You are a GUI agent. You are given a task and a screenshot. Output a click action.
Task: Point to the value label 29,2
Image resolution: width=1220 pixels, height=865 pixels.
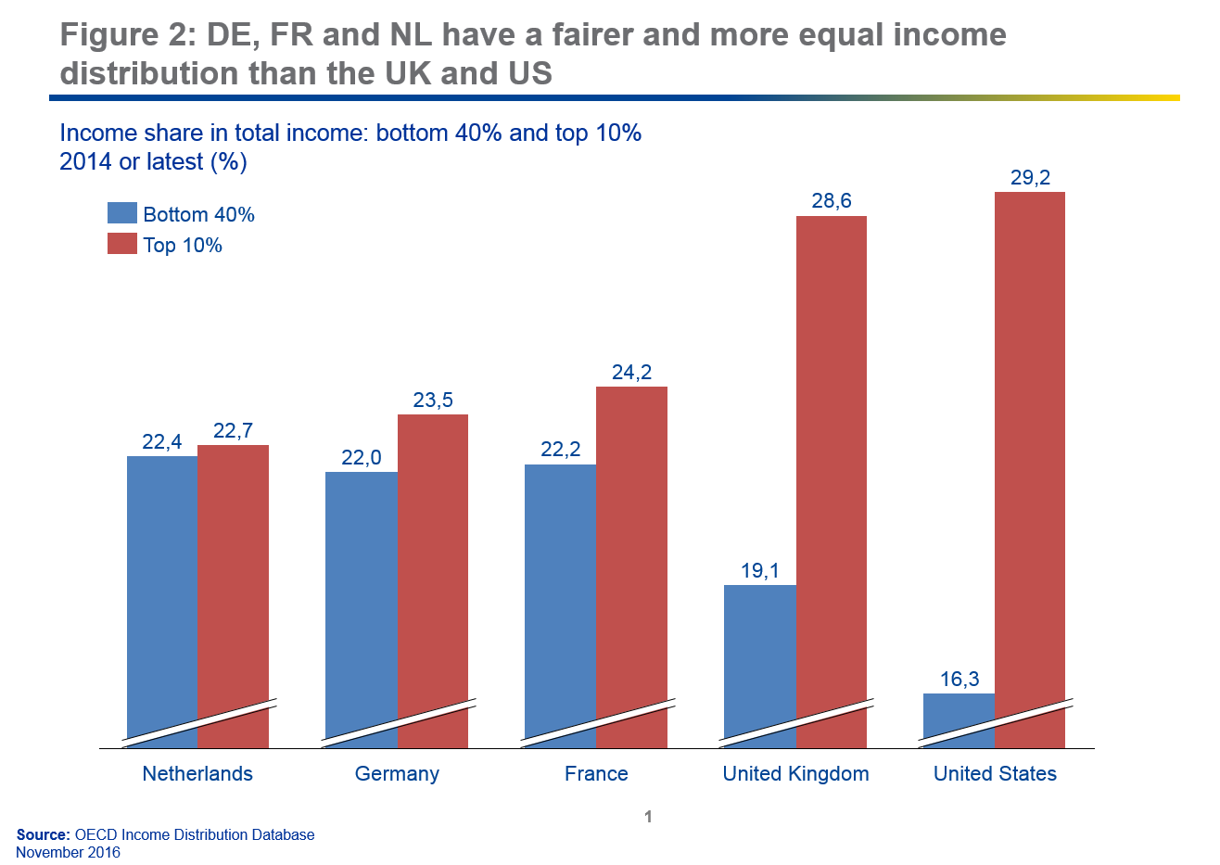(x=1030, y=177)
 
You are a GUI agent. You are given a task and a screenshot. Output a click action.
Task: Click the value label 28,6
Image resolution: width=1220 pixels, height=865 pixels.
(x=832, y=201)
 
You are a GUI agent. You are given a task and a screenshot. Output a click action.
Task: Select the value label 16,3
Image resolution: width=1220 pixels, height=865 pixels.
(x=959, y=679)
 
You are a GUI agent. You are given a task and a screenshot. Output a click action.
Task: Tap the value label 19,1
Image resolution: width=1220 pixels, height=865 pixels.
(x=760, y=570)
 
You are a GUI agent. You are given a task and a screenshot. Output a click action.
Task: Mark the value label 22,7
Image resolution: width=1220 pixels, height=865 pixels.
(x=233, y=430)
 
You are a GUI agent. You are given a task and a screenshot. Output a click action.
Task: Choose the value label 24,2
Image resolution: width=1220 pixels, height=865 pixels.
(x=631, y=372)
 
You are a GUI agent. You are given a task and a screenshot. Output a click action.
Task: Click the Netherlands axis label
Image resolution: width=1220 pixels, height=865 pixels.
(x=197, y=773)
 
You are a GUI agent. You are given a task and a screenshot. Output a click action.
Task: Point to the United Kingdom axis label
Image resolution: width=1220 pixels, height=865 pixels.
(x=795, y=773)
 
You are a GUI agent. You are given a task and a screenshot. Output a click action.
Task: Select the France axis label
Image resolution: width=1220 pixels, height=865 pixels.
(x=596, y=773)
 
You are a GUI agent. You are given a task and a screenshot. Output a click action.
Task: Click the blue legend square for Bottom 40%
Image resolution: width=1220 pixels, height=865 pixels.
(x=122, y=213)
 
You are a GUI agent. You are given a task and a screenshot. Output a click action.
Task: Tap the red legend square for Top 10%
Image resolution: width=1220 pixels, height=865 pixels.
(x=122, y=244)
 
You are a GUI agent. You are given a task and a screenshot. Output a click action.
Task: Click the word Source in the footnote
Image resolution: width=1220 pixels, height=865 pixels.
(x=43, y=834)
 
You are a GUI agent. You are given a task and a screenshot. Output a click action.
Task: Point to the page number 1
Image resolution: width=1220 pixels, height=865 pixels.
(x=648, y=817)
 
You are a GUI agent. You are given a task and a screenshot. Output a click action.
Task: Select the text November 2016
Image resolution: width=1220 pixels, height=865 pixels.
(x=68, y=852)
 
